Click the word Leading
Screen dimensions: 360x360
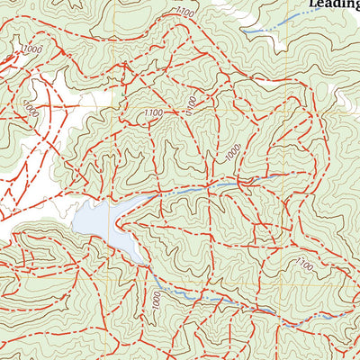pos(334,4)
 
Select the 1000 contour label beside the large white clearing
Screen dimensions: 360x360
pos(31,111)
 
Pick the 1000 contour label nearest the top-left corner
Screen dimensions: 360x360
pos(32,49)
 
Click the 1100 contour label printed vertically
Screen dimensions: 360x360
pos(190,104)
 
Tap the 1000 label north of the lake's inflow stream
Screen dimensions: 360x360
pos(233,155)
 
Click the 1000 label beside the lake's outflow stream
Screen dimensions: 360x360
pos(160,301)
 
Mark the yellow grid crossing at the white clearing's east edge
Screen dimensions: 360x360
pos(112,106)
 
